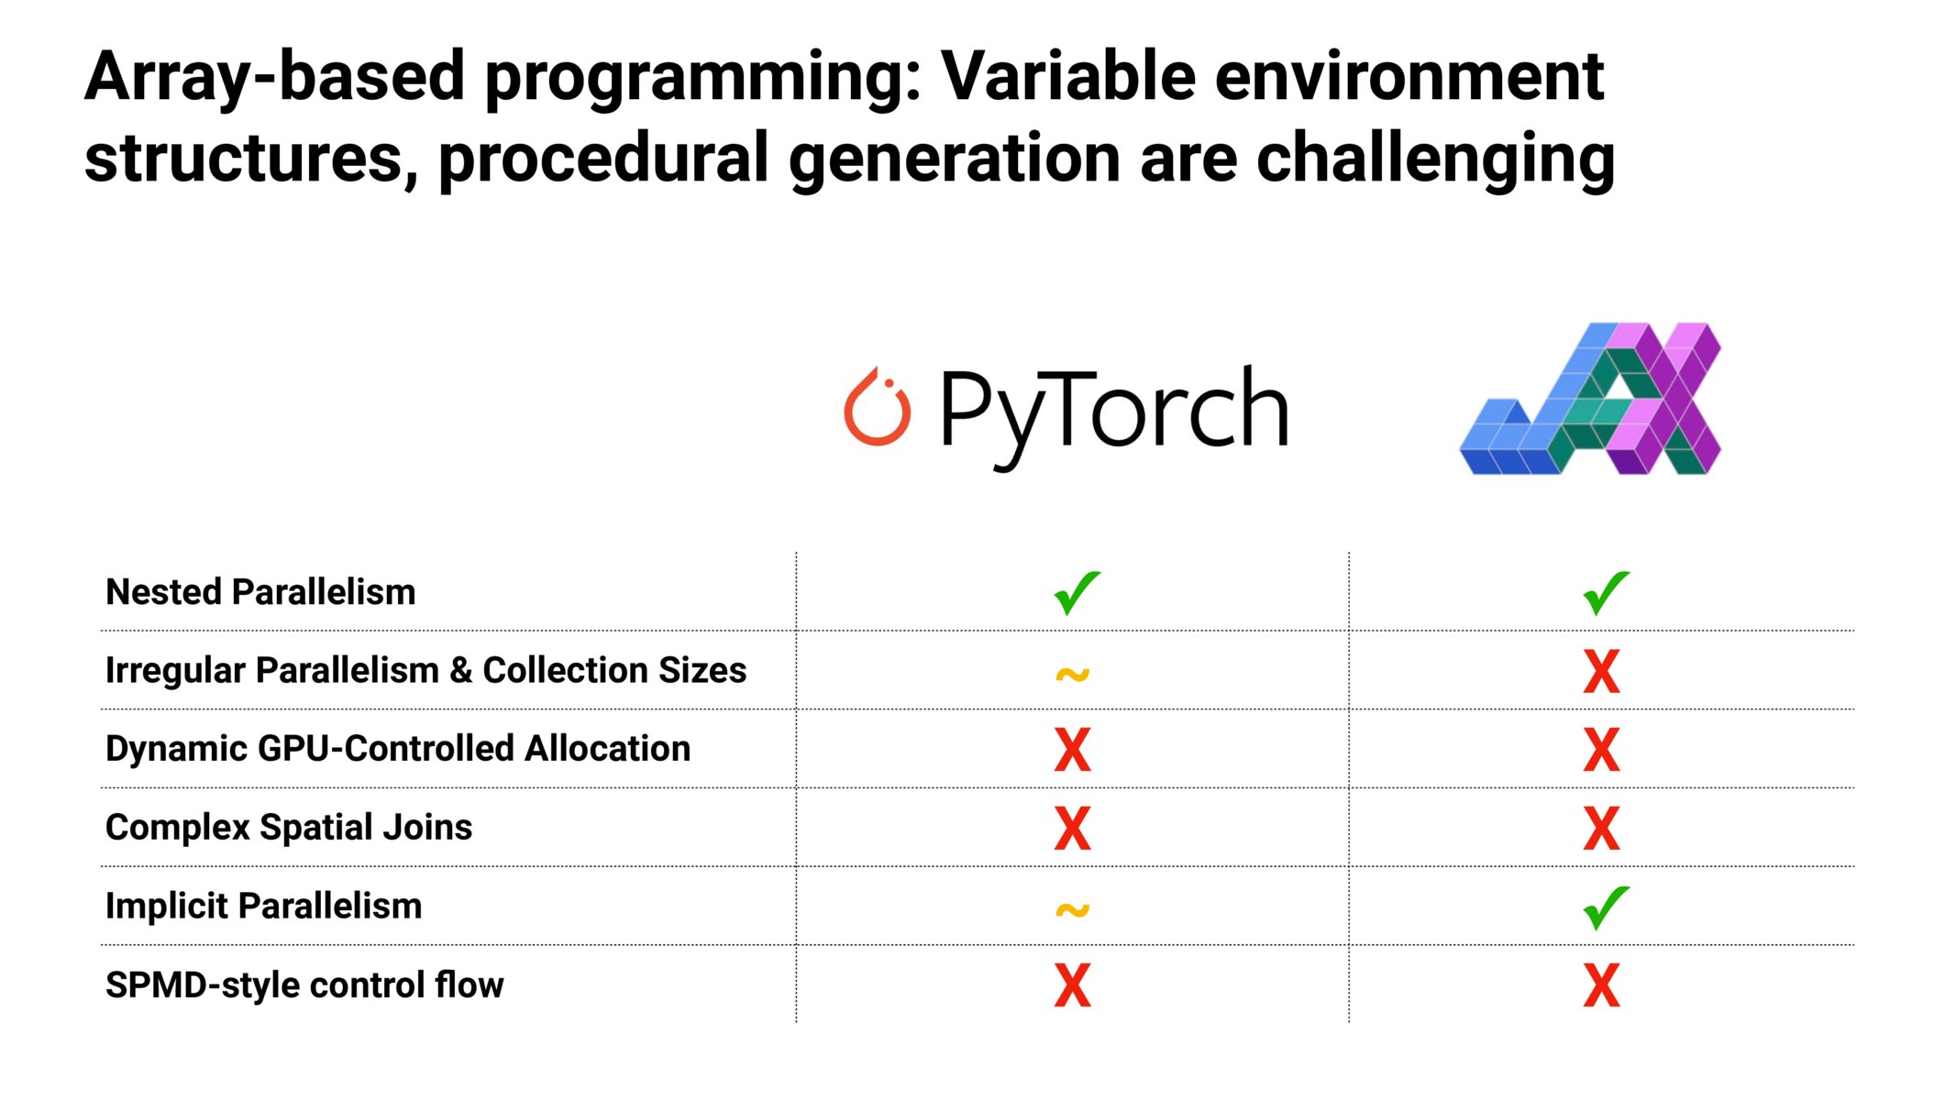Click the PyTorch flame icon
click(877, 408)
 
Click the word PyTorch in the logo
click(1113, 410)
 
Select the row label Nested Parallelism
click(260, 592)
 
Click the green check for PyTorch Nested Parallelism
click(1076, 592)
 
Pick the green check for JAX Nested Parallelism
click(1605, 592)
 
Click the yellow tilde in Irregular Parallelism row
click(1072, 675)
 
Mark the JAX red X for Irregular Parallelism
click(1601, 671)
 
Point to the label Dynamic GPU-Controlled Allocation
click(397, 749)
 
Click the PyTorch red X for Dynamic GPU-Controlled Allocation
click(1072, 750)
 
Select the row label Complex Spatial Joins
click(288, 828)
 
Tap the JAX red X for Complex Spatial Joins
click(1601, 828)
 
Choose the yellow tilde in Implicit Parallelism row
click(1072, 910)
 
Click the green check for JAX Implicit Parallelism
click(1605, 907)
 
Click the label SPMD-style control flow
click(304, 985)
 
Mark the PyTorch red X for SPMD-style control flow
click(1072, 985)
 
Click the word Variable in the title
click(1066, 76)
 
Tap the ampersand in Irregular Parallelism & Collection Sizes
click(460, 671)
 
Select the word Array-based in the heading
click(274, 76)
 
